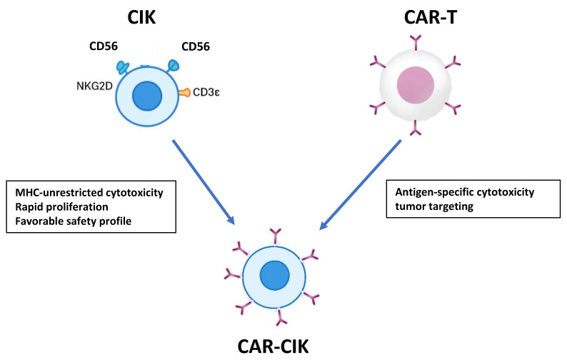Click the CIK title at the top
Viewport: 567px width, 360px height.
tap(141, 17)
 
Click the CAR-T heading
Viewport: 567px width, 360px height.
tap(431, 17)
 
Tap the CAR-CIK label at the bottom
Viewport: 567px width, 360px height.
tap(273, 346)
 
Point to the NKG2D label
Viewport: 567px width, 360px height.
tap(94, 86)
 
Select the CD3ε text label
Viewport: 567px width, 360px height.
tap(206, 92)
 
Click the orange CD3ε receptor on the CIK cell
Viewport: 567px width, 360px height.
tap(184, 93)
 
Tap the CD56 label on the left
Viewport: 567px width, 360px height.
tap(104, 46)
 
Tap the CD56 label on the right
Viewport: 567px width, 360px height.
tap(196, 46)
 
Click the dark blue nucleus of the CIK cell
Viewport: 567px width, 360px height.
tap(147, 96)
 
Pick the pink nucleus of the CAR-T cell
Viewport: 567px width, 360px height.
tap(416, 85)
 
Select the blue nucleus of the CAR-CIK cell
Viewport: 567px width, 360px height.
tap(274, 275)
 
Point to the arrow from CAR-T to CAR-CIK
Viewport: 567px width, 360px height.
tap(360, 184)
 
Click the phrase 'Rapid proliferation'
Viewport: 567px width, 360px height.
tap(61, 206)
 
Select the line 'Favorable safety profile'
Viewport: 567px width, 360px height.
tap(74, 221)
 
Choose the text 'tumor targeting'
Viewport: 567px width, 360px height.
tap(434, 206)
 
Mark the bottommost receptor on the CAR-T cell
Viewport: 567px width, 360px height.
tap(416, 128)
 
